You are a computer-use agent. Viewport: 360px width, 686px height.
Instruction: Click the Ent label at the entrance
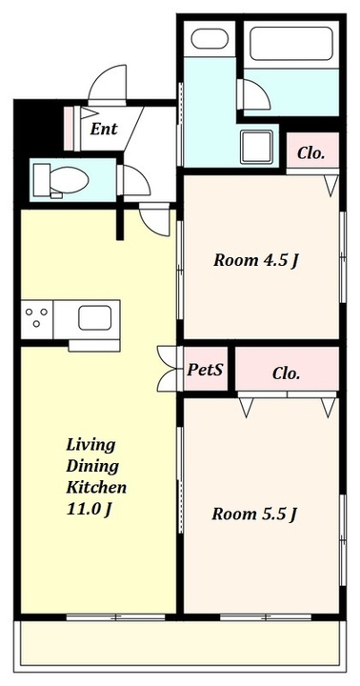click(104, 129)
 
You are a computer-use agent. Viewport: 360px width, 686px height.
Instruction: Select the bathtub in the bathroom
click(290, 44)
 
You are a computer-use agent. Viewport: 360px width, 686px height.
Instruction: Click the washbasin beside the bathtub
click(210, 38)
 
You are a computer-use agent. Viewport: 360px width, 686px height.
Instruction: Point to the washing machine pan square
click(256, 147)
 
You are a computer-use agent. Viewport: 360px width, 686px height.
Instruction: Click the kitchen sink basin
click(94, 317)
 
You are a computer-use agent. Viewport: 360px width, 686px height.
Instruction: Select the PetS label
click(205, 370)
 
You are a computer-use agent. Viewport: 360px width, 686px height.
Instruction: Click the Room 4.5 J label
click(256, 261)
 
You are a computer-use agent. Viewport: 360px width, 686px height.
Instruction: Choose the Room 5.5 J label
click(254, 514)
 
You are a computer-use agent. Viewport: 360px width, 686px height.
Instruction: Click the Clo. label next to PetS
click(287, 373)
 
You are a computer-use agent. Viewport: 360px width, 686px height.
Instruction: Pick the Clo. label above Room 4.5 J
click(311, 153)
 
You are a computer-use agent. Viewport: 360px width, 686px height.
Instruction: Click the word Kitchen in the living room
click(96, 487)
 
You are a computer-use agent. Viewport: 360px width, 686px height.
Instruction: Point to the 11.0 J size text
click(88, 509)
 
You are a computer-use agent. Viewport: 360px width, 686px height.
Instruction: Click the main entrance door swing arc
click(108, 82)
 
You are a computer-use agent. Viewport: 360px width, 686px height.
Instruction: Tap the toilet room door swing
click(136, 181)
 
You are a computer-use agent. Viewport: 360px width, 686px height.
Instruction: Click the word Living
click(90, 445)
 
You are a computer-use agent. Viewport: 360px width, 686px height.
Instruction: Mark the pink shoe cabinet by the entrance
click(70, 129)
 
